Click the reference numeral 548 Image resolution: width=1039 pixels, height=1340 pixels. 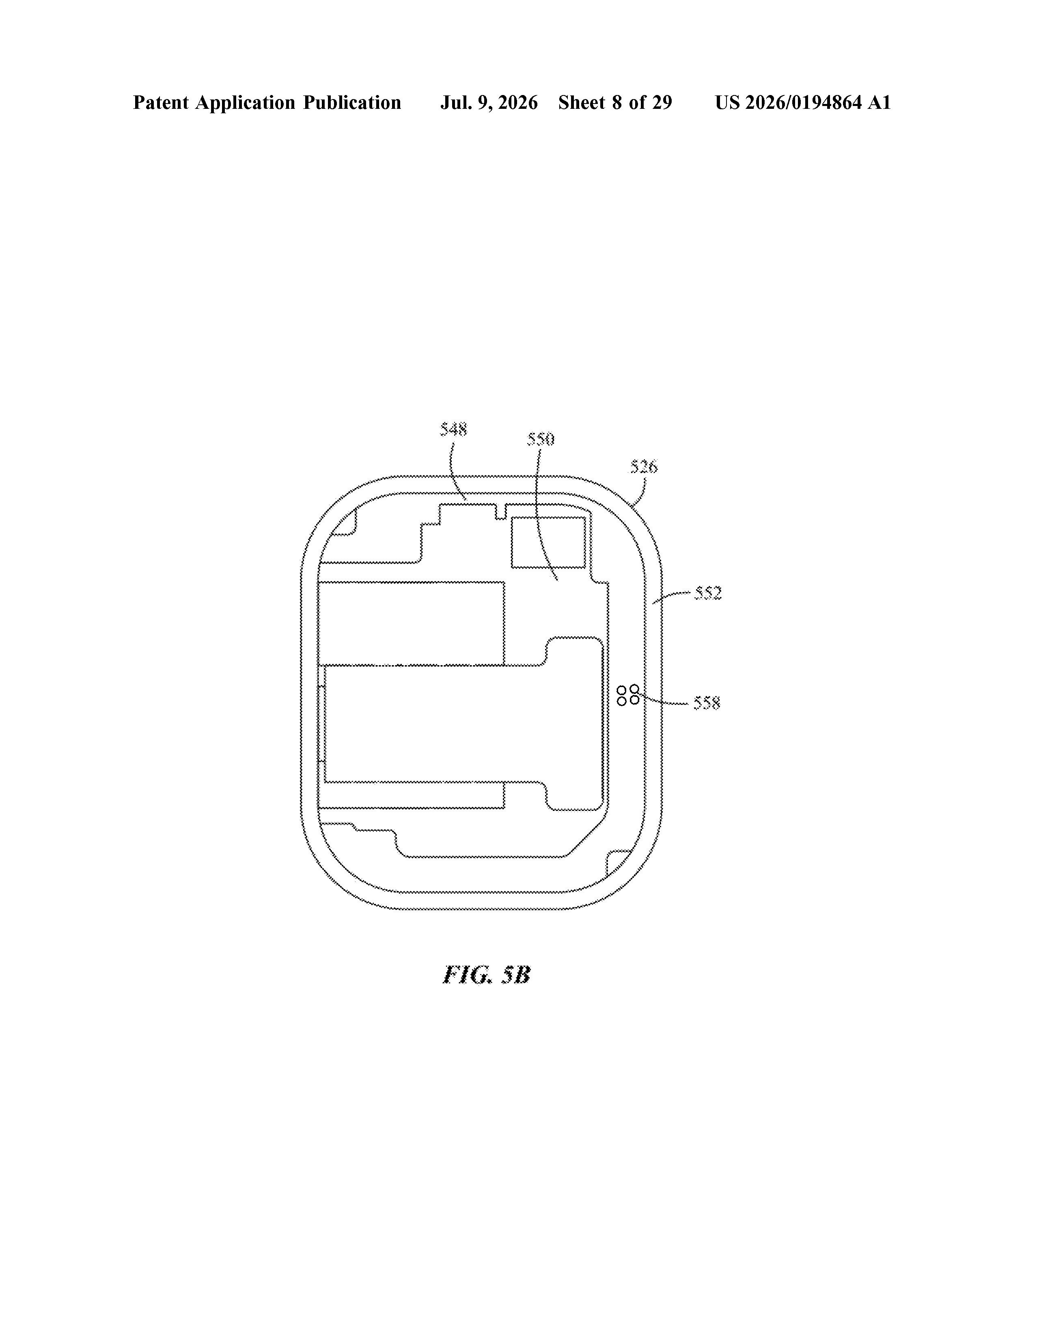453,429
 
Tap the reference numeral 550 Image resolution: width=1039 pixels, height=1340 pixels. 541,439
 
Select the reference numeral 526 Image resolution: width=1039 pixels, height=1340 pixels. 643,467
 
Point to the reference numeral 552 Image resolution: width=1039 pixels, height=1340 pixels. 708,593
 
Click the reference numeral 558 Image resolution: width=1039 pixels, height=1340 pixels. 707,702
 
